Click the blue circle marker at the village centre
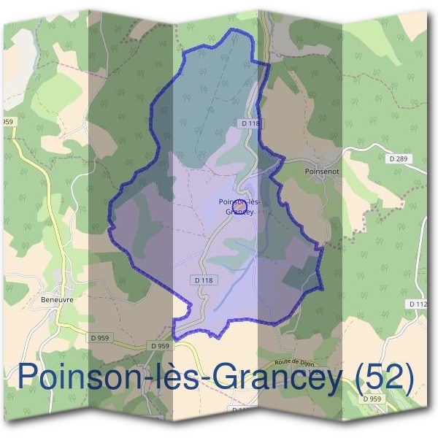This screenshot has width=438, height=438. tap(237, 207)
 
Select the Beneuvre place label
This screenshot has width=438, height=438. tap(56, 299)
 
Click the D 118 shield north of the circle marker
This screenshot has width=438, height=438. tap(250, 124)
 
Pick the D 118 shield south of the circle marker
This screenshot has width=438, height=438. tap(204, 280)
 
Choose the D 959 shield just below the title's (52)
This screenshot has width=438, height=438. tap(372, 399)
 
